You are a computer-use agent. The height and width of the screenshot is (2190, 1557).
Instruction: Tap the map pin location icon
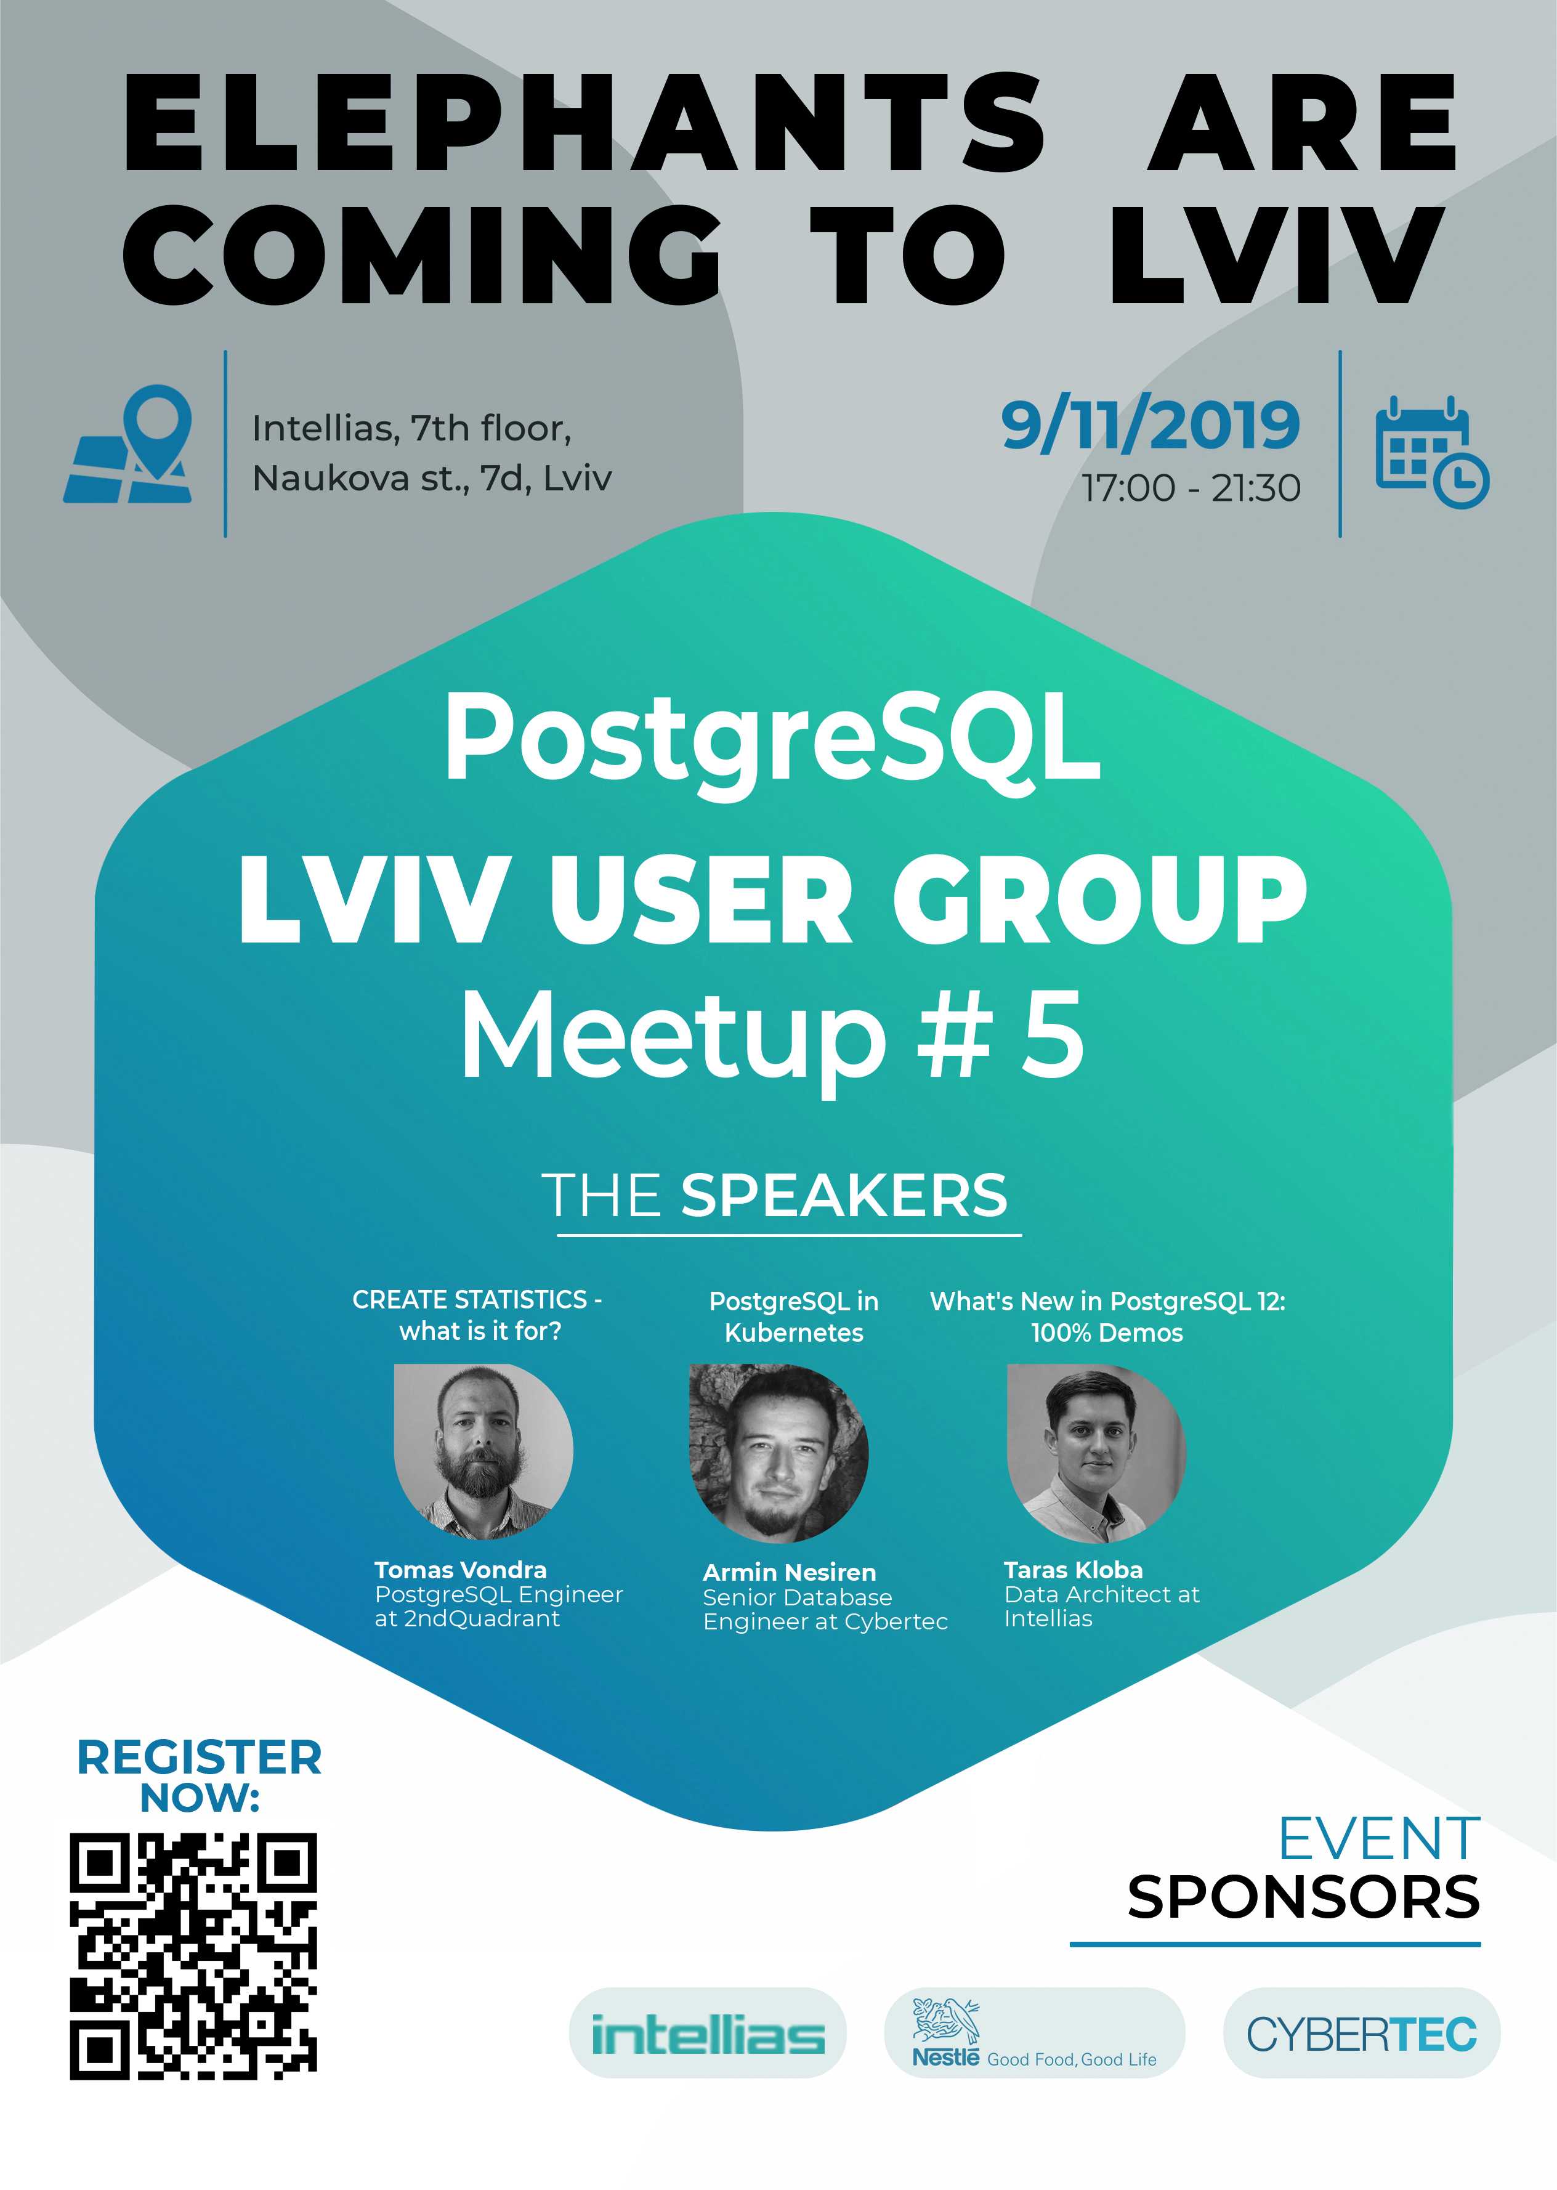[127, 443]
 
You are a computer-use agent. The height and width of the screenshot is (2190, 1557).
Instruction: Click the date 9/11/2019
[1151, 425]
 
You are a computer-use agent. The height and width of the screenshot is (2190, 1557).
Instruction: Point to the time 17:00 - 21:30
[1192, 488]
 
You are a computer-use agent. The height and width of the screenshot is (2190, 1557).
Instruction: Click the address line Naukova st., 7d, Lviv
[431, 477]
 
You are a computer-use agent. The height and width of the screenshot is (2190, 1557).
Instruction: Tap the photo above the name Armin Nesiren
[778, 1453]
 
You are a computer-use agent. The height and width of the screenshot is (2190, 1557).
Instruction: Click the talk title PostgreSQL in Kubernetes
[794, 1316]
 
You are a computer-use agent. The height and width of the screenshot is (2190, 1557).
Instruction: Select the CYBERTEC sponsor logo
[1361, 2033]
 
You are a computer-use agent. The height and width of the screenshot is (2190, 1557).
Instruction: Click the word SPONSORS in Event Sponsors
[1303, 1897]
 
